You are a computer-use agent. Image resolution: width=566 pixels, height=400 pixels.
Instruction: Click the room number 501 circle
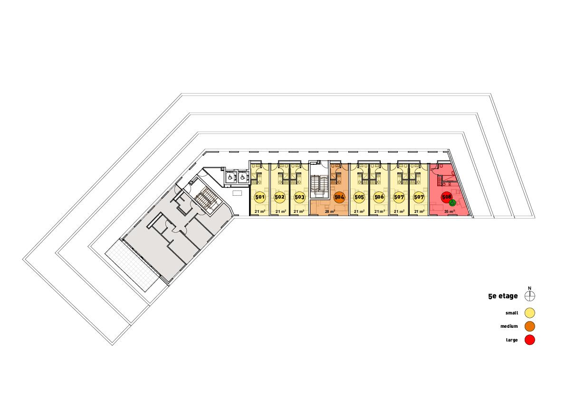pos(259,197)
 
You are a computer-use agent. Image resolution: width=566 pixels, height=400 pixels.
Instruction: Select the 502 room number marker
pos(279,197)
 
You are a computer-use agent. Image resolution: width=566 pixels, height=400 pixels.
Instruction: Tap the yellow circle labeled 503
pos(299,197)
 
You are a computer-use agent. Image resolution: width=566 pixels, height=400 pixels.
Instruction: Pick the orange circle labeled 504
pos(339,197)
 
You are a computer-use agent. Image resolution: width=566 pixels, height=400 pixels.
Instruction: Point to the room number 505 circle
pos(359,197)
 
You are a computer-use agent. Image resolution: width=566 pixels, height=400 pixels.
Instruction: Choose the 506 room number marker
pos(379,197)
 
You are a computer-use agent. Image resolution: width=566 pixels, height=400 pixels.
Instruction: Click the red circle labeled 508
pos(446,196)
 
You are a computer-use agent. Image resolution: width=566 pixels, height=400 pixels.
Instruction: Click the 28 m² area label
pos(330,211)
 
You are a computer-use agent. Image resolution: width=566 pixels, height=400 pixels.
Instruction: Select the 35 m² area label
pos(449,211)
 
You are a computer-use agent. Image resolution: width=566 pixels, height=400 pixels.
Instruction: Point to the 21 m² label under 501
pos(259,211)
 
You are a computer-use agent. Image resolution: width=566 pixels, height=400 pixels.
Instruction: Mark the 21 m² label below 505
pos(359,211)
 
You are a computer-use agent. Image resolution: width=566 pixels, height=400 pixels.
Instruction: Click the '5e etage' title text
pos(502,296)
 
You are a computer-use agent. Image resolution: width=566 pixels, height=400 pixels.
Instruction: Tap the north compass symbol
pos(530,296)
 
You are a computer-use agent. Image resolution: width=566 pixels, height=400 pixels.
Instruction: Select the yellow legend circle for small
pos(530,313)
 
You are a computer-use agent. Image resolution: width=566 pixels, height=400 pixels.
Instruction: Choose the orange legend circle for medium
pos(530,326)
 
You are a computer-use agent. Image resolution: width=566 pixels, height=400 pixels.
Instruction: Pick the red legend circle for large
pos(530,340)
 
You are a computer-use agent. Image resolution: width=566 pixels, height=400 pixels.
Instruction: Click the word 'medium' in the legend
pos(509,326)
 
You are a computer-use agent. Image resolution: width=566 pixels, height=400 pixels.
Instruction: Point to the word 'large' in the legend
pos(511,340)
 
